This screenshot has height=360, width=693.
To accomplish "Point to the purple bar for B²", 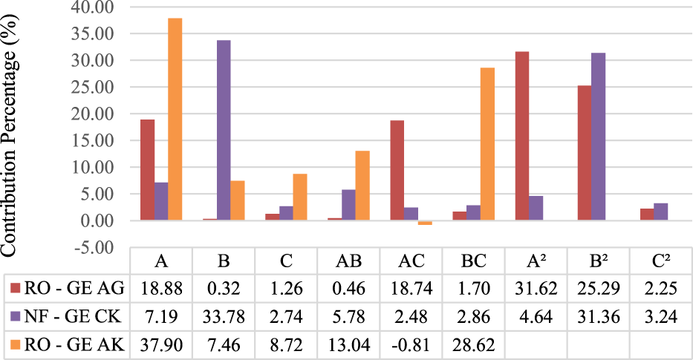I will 598,137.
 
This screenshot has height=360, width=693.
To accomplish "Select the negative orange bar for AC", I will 425,223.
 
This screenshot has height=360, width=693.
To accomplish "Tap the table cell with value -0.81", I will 411,343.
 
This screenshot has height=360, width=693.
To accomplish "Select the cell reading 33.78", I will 223,315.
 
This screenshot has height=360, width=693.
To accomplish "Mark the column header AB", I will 348,261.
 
